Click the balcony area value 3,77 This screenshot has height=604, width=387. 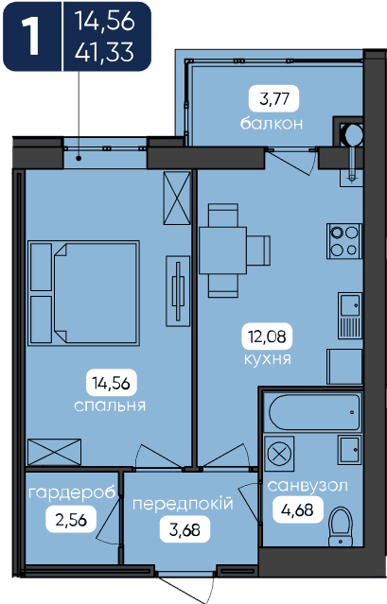pyautogui.click(x=274, y=99)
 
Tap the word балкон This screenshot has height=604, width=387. pyautogui.click(x=272, y=124)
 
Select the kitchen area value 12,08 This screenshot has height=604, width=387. pyautogui.click(x=267, y=337)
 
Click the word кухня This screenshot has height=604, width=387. pyautogui.click(x=268, y=359)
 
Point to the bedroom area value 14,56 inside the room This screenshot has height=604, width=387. pyautogui.click(x=111, y=383)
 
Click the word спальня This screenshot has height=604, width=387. pyautogui.click(x=110, y=406)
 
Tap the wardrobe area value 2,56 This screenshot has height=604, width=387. pyautogui.click(x=71, y=520)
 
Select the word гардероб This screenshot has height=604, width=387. pyautogui.click(x=73, y=493)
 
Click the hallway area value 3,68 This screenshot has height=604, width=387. pyautogui.click(x=185, y=530)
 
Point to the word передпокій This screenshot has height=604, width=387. pyautogui.click(x=183, y=504)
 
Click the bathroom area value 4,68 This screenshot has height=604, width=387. pyautogui.click(x=297, y=510)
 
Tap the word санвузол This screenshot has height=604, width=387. pyautogui.click(x=308, y=486)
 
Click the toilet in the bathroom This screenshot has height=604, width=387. pyautogui.click(x=341, y=526)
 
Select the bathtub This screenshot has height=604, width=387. pyautogui.click(x=315, y=412)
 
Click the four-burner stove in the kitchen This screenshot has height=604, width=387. pyautogui.click(x=344, y=241)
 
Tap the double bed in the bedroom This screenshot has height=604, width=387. pyautogui.click(x=83, y=293)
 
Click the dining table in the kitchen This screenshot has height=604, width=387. pyautogui.click(x=222, y=250)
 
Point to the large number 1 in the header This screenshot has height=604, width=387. pyautogui.click(x=31, y=36)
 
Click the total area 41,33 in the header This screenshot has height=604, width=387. pyautogui.click(x=104, y=52)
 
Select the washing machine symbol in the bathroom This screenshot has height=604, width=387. pyautogui.click(x=279, y=454)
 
